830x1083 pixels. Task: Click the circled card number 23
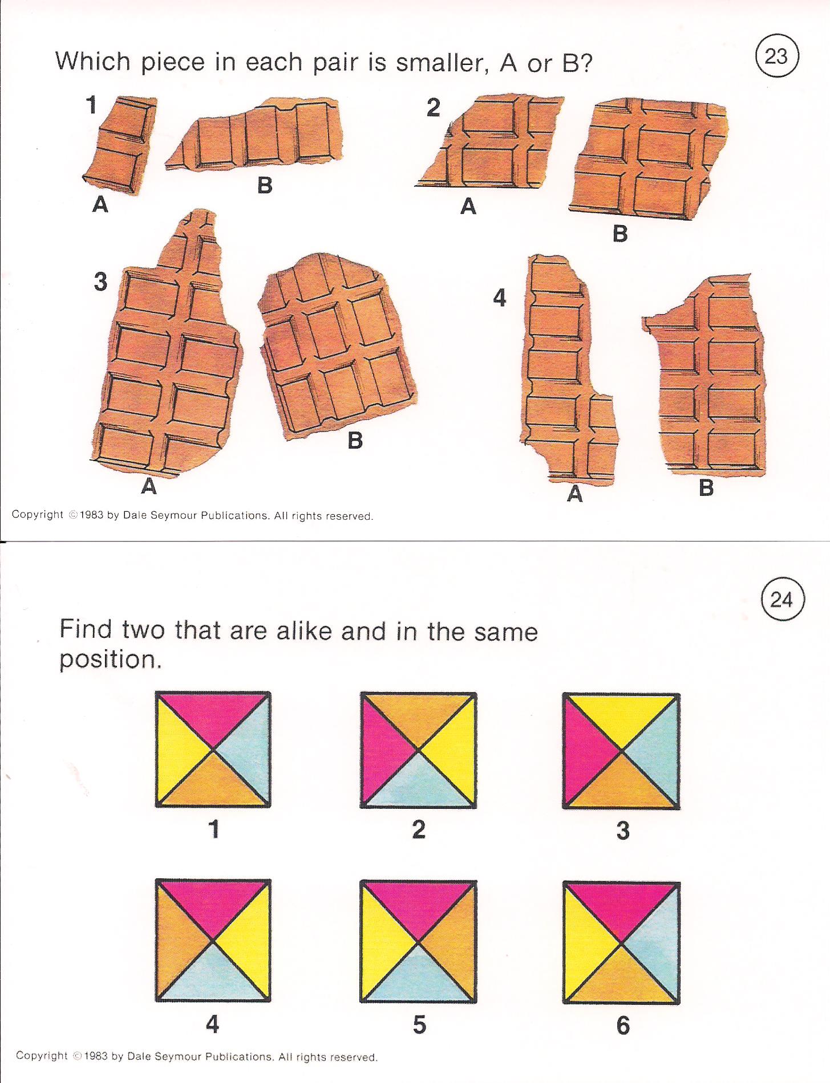pyautogui.click(x=776, y=56)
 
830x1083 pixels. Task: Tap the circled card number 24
pyautogui.click(x=782, y=600)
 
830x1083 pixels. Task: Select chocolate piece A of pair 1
pyautogui.click(x=120, y=145)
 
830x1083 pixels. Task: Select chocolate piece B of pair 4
pyautogui.click(x=707, y=376)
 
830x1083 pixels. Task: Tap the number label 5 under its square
pyautogui.click(x=419, y=1025)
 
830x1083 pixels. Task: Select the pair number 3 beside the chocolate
pyautogui.click(x=100, y=282)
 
